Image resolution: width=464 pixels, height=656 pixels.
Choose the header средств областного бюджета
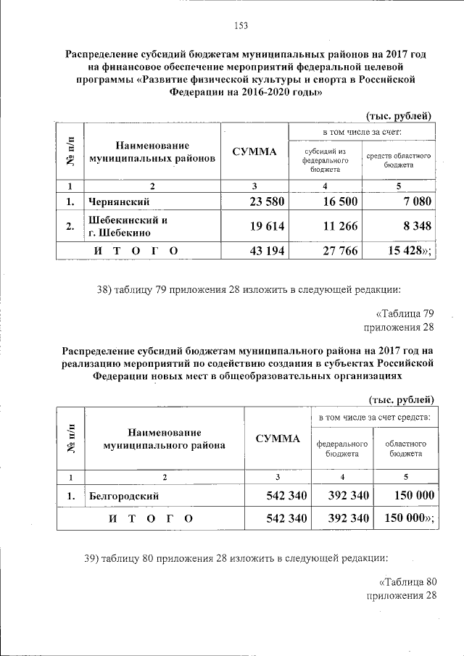coord(399,160)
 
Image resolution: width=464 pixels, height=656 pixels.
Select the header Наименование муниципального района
coord(164,439)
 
